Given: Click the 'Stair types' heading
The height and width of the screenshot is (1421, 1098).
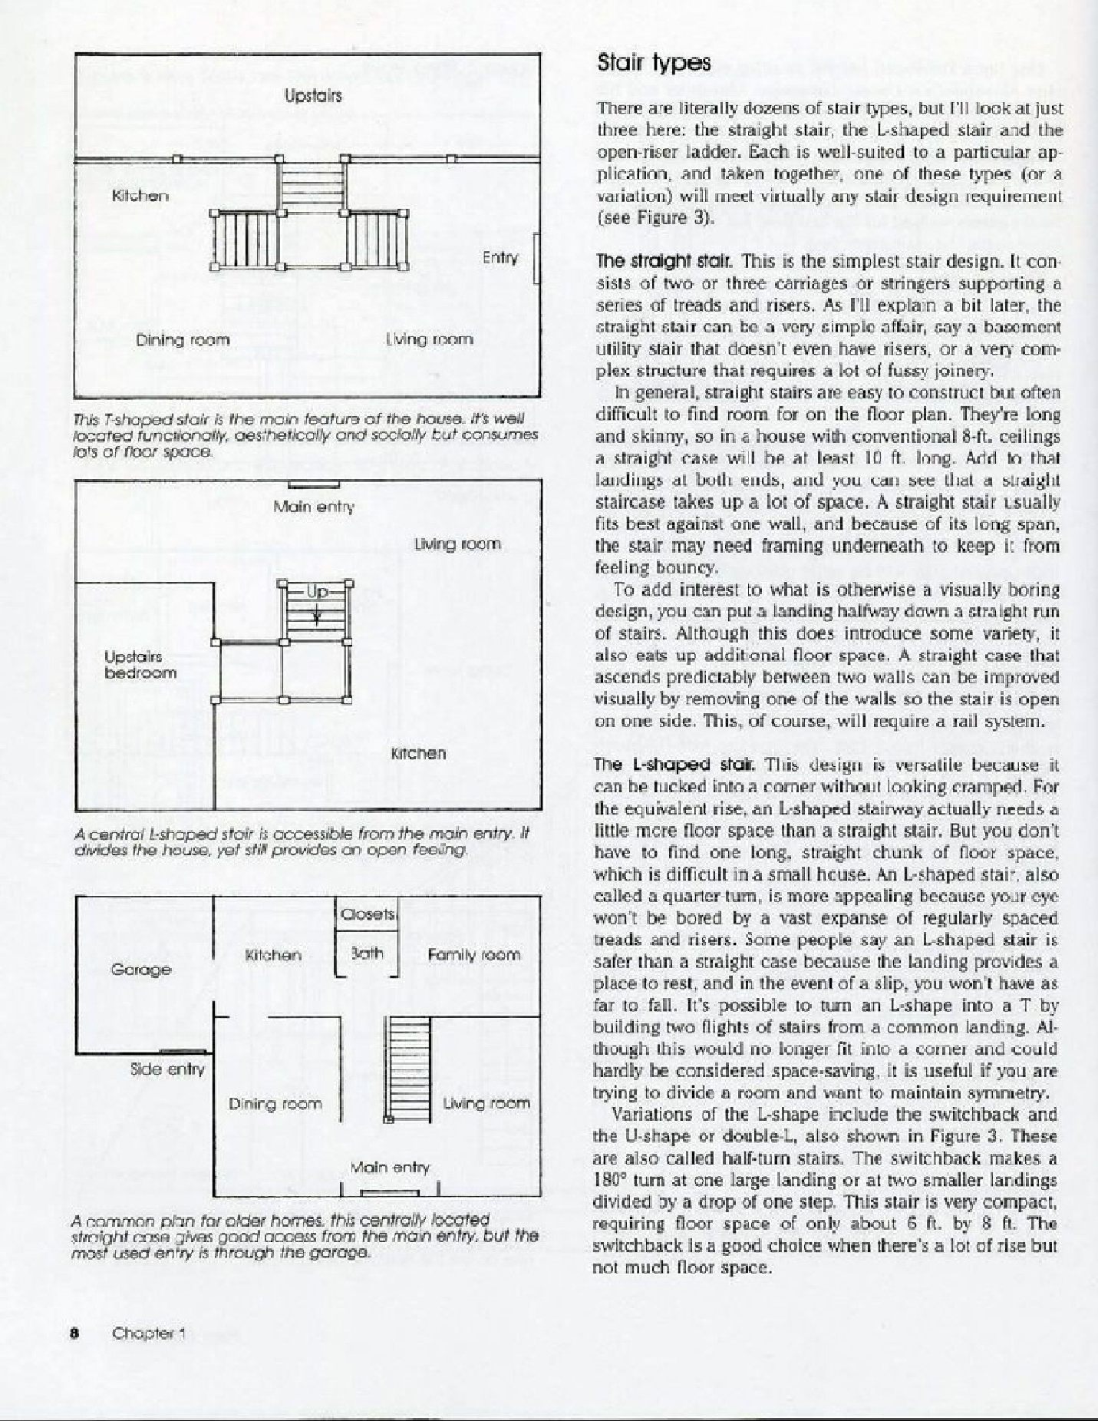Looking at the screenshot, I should pos(654,63).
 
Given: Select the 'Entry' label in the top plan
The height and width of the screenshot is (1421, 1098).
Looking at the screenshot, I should pos(500,258).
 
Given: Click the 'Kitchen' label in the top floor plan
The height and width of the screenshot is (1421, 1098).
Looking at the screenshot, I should pos(140,196).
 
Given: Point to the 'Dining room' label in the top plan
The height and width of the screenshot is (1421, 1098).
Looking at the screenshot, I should pos(183,340).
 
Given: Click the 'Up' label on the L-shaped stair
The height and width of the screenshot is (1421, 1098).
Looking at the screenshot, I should pos(317,591).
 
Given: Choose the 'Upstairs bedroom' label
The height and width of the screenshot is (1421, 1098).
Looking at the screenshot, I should pos(140,665).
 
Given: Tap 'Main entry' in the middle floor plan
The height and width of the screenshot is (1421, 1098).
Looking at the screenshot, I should pos(314,507).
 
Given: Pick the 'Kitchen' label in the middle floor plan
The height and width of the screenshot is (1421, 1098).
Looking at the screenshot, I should pos(418,753).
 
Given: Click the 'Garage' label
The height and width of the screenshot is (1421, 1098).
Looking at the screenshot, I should pos(141,970).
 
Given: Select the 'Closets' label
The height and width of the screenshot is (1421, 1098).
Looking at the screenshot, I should pos(368,914).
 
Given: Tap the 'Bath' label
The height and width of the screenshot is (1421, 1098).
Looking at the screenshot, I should pos(367,954).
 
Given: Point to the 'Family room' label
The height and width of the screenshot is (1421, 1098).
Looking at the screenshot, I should pos(473,955).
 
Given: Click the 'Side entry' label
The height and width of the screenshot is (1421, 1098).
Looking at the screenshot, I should pos(167,1069).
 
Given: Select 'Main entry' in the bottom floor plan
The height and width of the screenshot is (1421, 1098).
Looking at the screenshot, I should pos(390,1168).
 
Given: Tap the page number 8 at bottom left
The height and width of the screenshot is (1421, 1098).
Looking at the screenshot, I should pos(75,1333).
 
